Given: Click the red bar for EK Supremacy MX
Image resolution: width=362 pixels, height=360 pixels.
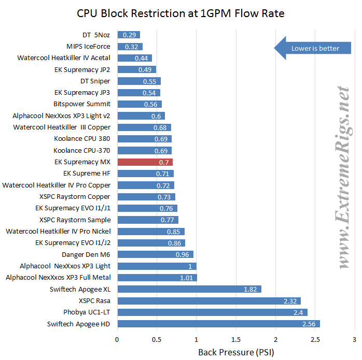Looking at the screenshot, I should tap(145, 162).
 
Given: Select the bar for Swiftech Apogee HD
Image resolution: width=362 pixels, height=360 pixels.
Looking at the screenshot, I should tap(218, 324).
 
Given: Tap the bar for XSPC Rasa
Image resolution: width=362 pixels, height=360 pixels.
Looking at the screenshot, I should tap(209, 301).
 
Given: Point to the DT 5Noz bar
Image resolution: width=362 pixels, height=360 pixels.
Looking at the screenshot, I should tap(129, 35).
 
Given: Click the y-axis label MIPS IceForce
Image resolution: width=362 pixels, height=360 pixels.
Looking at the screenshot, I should tap(88, 47).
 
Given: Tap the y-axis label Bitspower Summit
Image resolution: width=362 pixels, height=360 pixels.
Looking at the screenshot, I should tap(81, 104).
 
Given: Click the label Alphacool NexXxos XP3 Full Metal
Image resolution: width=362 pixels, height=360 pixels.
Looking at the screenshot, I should tap(58, 278).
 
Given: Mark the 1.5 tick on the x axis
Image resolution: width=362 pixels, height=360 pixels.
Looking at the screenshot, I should tap(236, 339).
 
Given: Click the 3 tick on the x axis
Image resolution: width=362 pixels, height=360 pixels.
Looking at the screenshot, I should tap(354, 339).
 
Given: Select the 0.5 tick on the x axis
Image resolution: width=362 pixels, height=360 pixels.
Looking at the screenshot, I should tap(157, 339).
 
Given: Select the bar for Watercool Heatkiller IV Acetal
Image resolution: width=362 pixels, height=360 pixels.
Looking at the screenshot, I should tap(134, 58).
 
